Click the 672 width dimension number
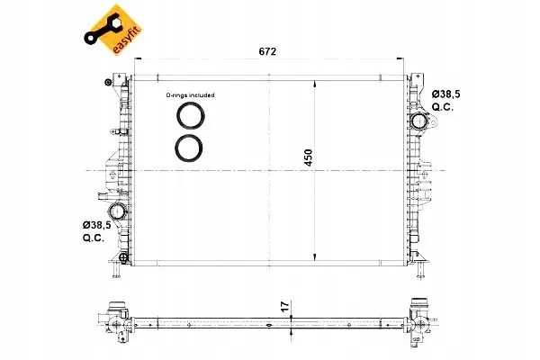point(267,52)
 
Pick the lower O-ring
point(189,148)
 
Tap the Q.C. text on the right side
point(443,107)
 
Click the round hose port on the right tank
point(419,121)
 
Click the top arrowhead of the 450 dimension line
point(314,82)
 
